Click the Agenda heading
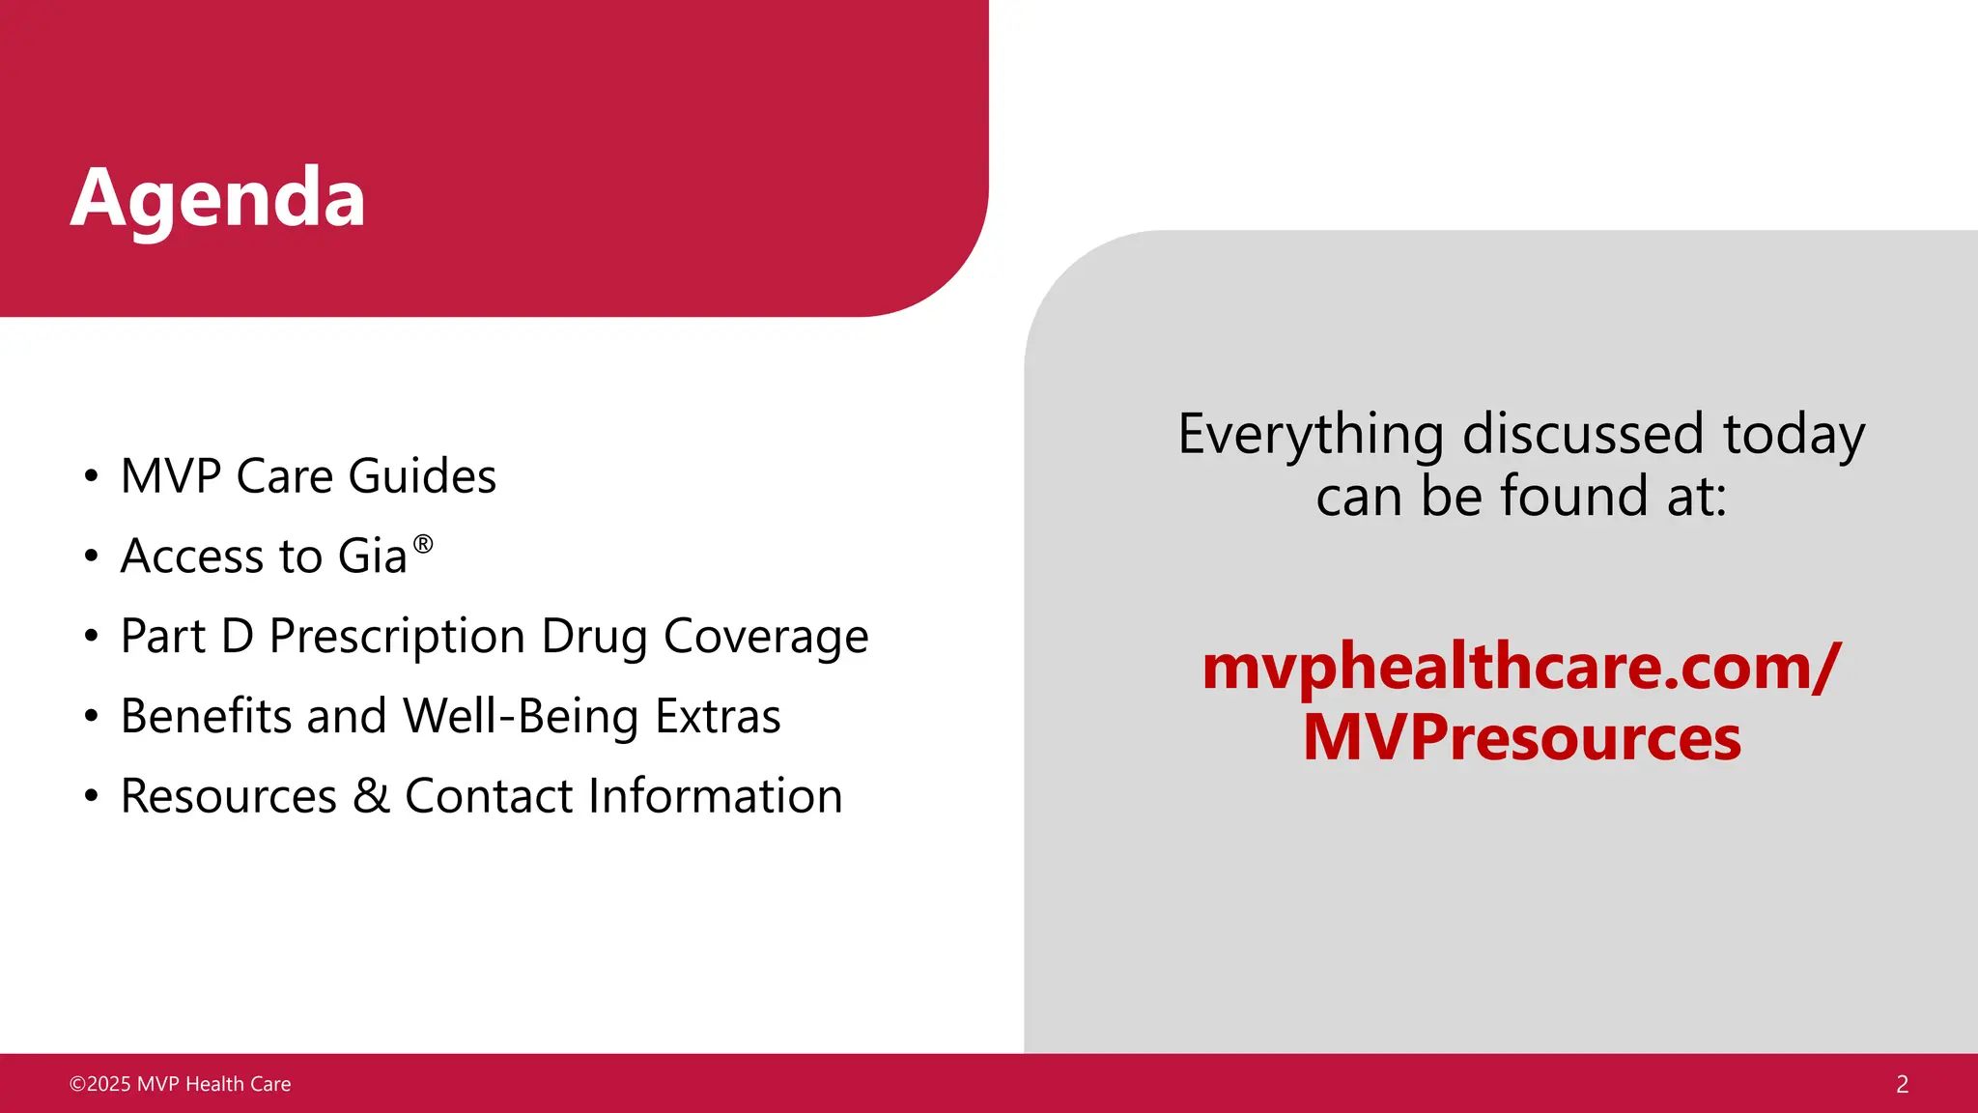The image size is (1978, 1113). (218, 198)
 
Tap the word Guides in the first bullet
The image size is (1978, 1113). (422, 476)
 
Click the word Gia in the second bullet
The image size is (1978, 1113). (373, 556)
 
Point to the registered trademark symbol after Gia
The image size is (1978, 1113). (423, 544)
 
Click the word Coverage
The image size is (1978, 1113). (766, 637)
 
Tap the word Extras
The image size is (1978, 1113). (718, 717)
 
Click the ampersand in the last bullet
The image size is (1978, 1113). (371, 797)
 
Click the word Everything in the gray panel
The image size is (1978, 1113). (1311, 434)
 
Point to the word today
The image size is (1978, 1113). (1794, 434)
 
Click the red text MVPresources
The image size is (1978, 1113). (1522, 737)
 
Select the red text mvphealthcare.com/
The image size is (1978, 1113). (1522, 668)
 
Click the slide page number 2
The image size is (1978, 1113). (1902, 1084)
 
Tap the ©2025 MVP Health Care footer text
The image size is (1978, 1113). (181, 1084)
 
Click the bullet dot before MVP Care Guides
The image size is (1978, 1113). (91, 476)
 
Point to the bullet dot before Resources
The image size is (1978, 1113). (91, 797)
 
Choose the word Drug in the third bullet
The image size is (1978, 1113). (594, 637)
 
